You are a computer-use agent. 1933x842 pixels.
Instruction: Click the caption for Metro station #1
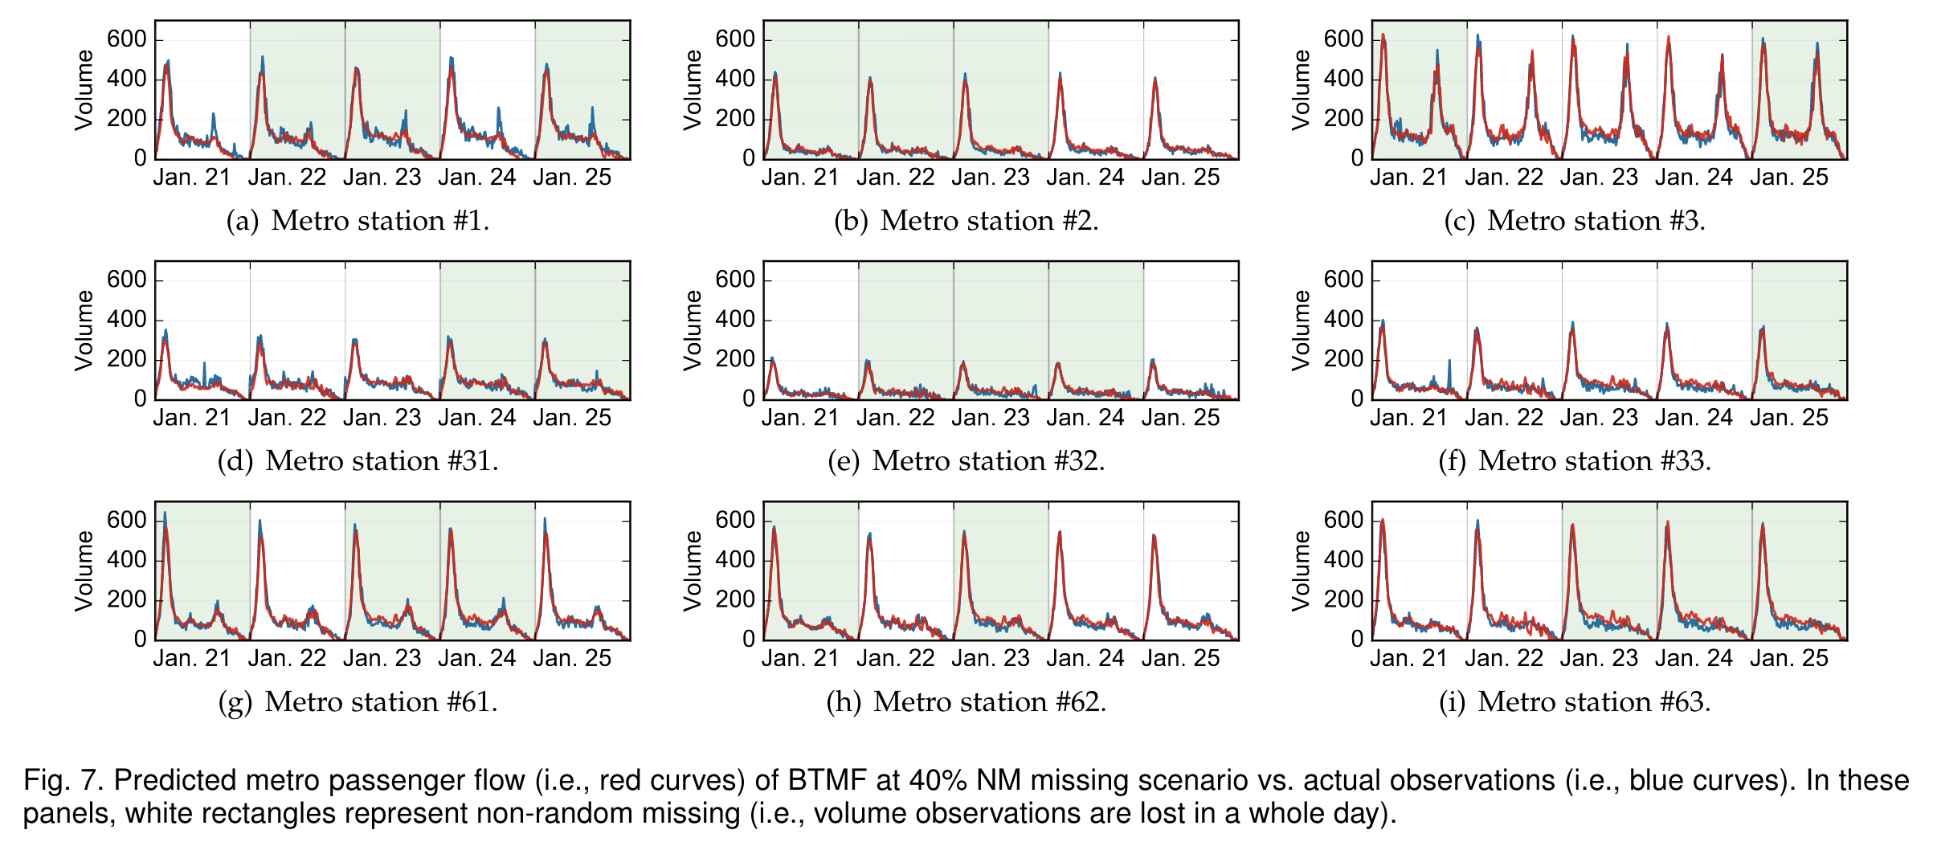(x=358, y=221)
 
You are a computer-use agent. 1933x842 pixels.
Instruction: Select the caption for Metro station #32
(x=966, y=461)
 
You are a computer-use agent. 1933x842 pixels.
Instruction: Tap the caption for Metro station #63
(x=1575, y=702)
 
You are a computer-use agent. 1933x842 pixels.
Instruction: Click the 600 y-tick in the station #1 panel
(x=127, y=39)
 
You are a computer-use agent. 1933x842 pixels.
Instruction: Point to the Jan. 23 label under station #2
(x=991, y=178)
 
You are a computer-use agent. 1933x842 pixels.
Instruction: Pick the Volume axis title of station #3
(x=1301, y=90)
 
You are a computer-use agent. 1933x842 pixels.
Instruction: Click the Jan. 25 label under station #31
(x=572, y=418)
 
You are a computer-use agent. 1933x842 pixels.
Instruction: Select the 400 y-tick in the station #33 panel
(x=1343, y=320)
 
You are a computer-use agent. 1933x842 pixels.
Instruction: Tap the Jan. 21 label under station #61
(x=191, y=659)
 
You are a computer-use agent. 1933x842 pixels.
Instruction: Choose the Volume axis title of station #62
(x=693, y=571)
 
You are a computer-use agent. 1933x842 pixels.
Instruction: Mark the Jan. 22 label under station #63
(x=1504, y=659)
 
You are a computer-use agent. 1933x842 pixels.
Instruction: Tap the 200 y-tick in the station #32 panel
(x=735, y=359)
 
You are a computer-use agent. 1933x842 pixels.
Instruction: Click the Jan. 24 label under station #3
(x=1694, y=178)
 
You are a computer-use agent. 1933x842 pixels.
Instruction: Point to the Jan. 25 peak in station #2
(x=1155, y=80)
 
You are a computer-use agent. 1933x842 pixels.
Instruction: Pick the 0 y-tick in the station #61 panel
(x=141, y=640)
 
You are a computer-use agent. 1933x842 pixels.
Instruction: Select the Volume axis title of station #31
(x=84, y=331)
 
